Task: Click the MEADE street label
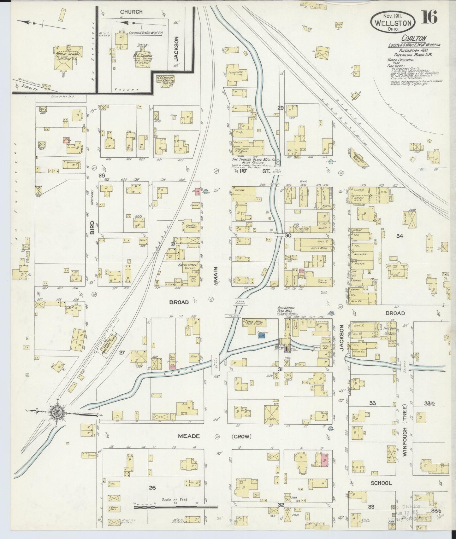coord(189,436)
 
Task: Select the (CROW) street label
coord(241,437)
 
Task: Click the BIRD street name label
coord(92,227)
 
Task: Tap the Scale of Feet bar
coord(176,507)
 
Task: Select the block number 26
coord(152,488)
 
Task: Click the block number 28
coord(101,175)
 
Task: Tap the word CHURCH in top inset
coord(131,12)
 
